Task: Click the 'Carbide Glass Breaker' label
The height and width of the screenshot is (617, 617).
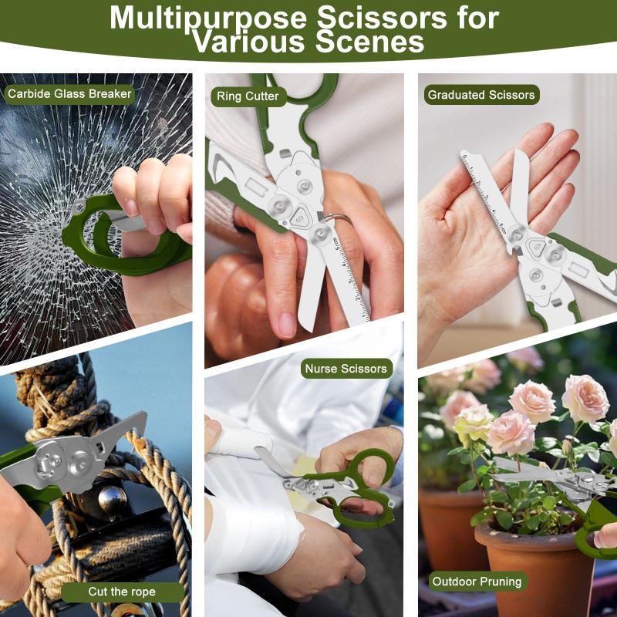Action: pos(69,94)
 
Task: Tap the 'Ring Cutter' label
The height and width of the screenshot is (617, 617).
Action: pos(248,96)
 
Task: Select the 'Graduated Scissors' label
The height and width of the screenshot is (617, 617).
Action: pos(481,95)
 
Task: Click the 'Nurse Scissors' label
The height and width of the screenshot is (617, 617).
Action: pos(346,369)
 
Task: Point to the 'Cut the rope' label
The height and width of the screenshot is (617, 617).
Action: pos(122,592)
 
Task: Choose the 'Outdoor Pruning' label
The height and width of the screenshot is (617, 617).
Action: pos(477,582)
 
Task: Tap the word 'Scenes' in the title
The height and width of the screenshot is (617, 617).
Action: pos(370,42)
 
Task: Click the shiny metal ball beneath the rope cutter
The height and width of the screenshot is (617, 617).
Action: pos(112,500)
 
